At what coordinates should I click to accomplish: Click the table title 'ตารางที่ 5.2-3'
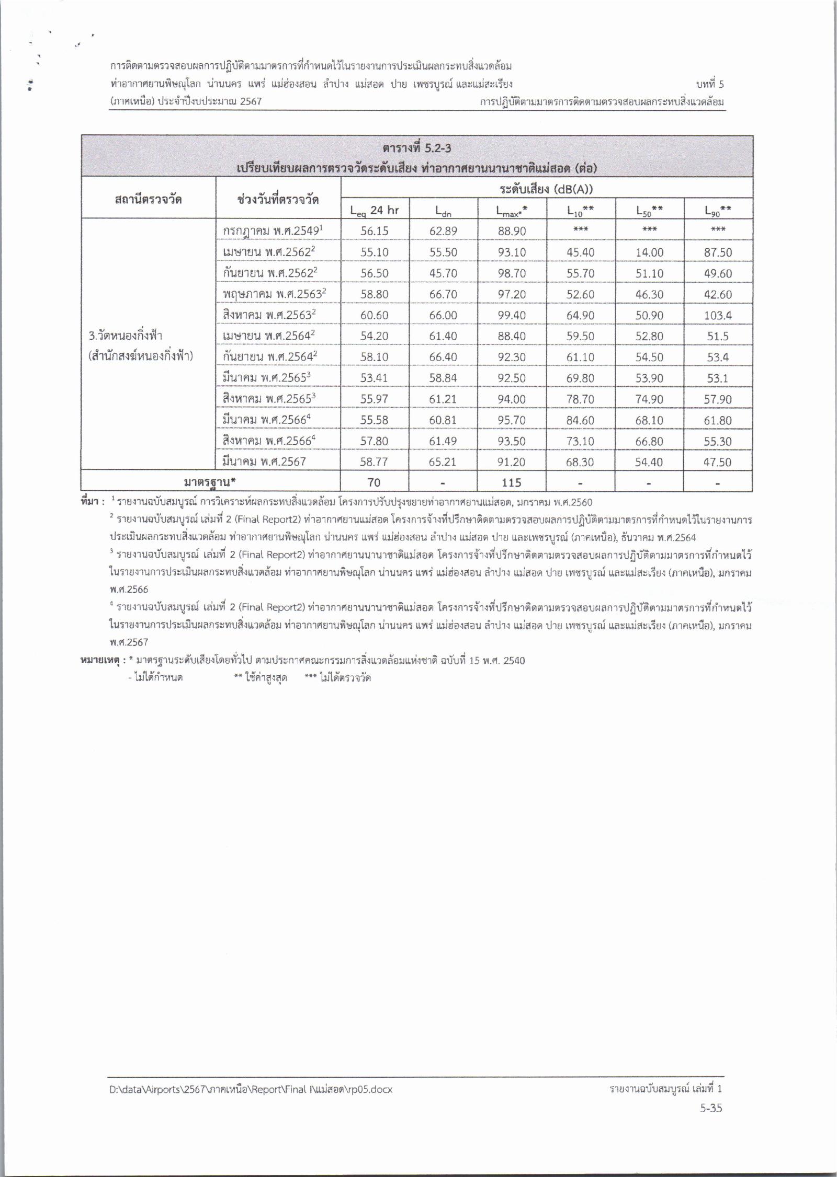coord(417,148)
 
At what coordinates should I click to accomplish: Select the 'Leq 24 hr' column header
coord(375,210)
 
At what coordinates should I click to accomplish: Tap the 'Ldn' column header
coord(443,210)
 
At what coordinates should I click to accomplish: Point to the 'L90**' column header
coord(717,210)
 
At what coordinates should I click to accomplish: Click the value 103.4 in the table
coord(718,315)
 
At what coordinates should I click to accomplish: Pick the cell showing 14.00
coord(649,252)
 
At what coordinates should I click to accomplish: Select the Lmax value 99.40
coord(512,315)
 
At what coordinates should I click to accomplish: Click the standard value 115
coord(511,482)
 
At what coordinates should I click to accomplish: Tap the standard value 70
coord(374,482)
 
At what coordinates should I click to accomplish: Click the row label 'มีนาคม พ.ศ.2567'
coord(265,461)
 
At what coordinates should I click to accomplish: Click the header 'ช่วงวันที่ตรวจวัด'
coord(278,199)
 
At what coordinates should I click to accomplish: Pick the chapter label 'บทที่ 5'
coord(710,84)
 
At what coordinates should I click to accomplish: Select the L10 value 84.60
coord(580,420)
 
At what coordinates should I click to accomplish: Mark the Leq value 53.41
coord(374,378)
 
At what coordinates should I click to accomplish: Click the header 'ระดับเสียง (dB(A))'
coord(546,188)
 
